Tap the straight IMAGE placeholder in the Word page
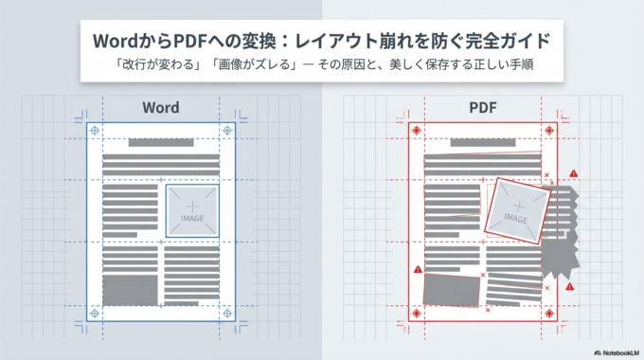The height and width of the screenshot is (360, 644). coord(192,209)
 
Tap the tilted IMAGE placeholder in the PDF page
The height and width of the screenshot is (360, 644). coord(515,208)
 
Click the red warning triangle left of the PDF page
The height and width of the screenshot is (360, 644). coord(418,272)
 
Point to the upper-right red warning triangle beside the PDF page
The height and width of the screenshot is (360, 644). coord(574,174)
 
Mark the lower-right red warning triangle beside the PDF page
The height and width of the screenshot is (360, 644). coord(570,286)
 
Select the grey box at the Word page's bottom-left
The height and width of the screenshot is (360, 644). coord(131,288)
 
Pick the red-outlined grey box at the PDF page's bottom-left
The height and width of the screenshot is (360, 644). coord(452,288)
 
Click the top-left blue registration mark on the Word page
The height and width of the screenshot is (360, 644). coord(94,130)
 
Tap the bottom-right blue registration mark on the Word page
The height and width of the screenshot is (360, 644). coord(227,314)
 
